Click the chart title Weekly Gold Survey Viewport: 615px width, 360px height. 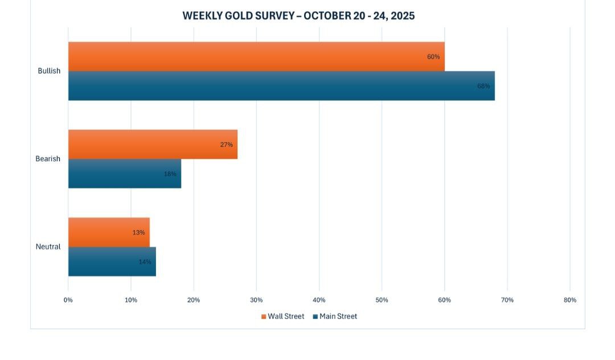click(x=298, y=16)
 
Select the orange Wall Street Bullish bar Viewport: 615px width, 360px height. click(x=256, y=56)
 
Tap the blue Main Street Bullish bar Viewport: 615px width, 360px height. click(x=281, y=86)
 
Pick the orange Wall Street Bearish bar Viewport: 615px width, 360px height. click(x=153, y=144)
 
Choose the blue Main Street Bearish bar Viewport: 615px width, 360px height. click(x=124, y=174)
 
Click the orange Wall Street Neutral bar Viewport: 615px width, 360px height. click(x=109, y=232)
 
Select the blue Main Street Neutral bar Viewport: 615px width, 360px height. click(x=112, y=261)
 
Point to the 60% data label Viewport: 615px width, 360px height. click(x=433, y=57)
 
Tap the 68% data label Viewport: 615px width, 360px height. click(x=483, y=86)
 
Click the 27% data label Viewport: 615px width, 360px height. click(x=227, y=145)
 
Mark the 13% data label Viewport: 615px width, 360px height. click(x=138, y=232)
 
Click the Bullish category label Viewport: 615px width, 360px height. click(x=49, y=71)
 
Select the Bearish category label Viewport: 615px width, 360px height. click(x=48, y=159)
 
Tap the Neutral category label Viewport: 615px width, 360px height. click(x=48, y=247)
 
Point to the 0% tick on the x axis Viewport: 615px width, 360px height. click(x=68, y=300)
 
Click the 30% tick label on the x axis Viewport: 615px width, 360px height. click(x=256, y=300)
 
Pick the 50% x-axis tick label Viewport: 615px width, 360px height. click(x=382, y=300)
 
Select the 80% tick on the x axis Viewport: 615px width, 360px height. click(x=569, y=300)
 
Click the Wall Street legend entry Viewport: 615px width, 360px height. click(x=283, y=316)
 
